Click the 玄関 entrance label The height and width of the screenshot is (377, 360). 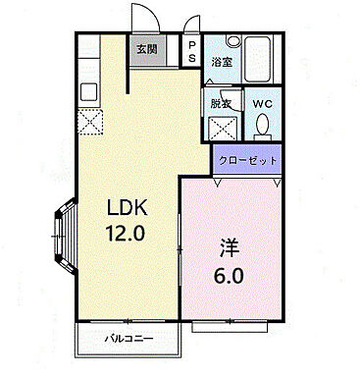pyautogui.click(x=145, y=49)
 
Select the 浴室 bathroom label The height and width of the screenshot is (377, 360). pyautogui.click(x=222, y=62)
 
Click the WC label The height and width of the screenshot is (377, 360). pyautogui.click(x=263, y=103)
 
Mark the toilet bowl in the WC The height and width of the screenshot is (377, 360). pyautogui.click(x=263, y=126)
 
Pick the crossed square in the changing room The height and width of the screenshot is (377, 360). pyautogui.click(x=223, y=127)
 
